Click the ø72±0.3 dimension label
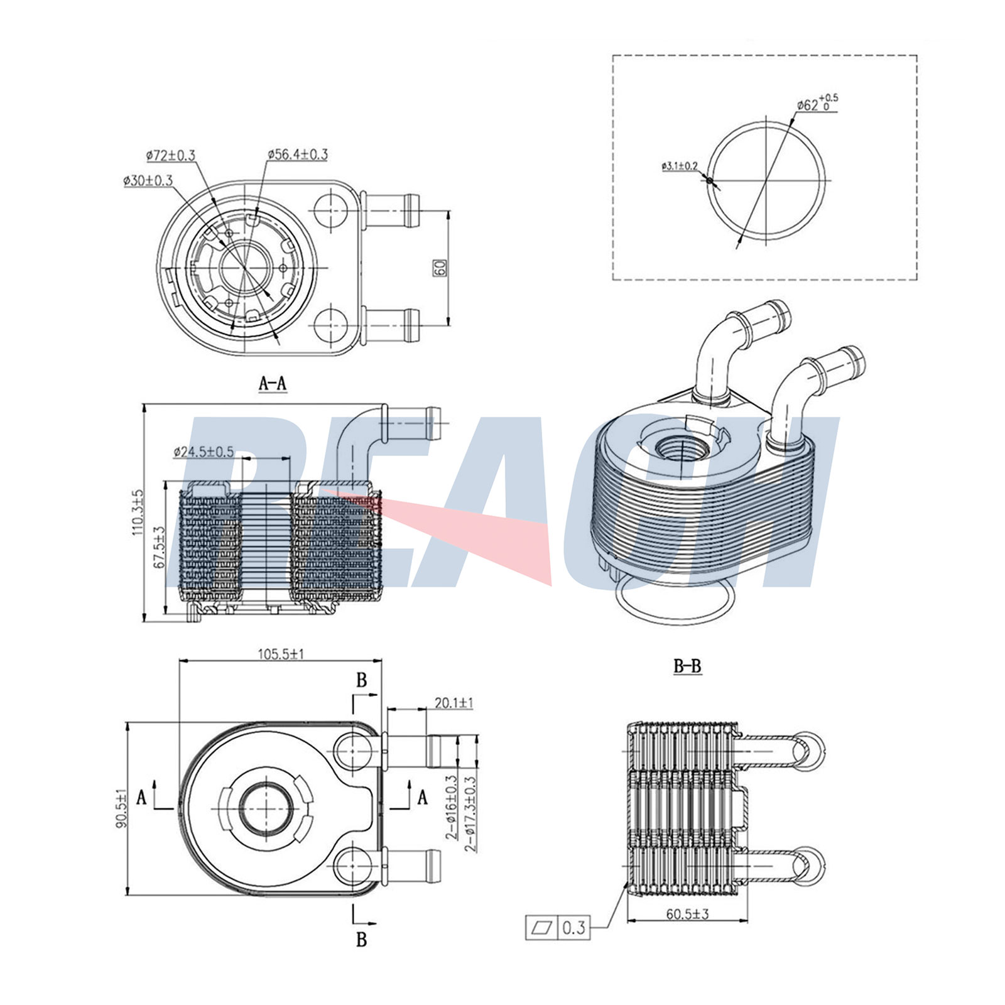click(x=170, y=155)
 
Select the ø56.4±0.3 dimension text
click(x=297, y=154)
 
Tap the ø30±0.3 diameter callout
click(x=148, y=180)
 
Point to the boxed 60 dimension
click(x=439, y=268)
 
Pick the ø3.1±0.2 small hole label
click(x=679, y=166)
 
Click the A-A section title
click(x=273, y=383)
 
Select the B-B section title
click(x=687, y=666)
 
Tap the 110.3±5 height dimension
click(x=138, y=512)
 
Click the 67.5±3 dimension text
click(x=159, y=548)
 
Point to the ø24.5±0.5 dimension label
click(x=204, y=451)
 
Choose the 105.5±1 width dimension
click(x=281, y=654)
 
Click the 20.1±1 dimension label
click(x=454, y=703)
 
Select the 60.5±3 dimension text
click(x=687, y=914)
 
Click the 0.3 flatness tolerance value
click(x=573, y=927)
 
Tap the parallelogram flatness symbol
click(x=541, y=927)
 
